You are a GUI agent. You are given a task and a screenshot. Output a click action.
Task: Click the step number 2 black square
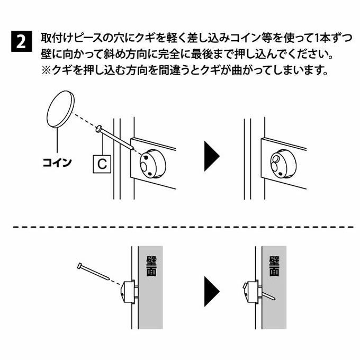pos(22,41)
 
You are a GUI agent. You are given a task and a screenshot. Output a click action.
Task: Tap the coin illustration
pos(60,109)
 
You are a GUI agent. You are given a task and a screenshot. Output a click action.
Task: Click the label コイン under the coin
pos(57,163)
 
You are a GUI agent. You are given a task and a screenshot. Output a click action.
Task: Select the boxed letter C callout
pos(102,164)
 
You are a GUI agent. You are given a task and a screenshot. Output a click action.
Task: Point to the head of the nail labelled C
pos(99,129)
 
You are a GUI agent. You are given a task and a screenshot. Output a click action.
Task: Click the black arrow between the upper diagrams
pos(212,156)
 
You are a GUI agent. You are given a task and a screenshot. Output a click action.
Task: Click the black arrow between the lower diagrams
pos(212,291)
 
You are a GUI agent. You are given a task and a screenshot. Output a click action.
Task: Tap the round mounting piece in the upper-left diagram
pos(152,164)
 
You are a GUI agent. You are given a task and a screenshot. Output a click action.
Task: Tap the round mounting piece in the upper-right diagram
pos(283,164)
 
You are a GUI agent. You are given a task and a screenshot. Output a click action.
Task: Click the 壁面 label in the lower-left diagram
pos(151,266)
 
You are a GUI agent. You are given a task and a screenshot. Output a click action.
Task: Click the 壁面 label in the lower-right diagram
pos(274,266)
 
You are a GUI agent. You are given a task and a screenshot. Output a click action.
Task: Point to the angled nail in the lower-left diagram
pos(94,272)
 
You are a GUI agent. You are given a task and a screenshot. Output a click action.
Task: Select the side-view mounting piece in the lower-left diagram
pos(129,292)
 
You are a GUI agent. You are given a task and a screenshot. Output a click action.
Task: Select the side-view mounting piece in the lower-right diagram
pos(252,292)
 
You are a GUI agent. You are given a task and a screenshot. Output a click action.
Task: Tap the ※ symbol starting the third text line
pos(46,70)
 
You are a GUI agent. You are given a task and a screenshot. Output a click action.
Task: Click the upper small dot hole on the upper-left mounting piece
pos(146,158)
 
